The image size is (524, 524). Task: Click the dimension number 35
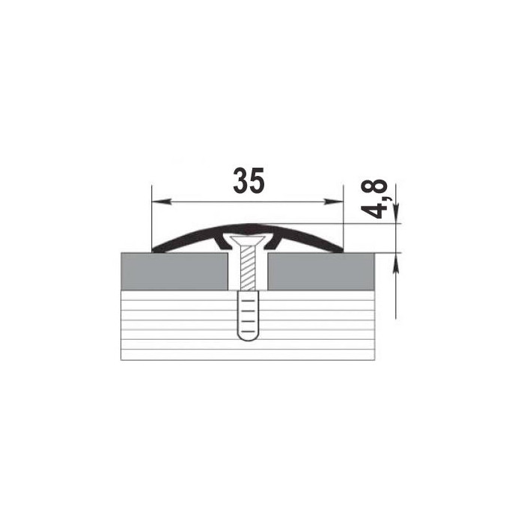[249, 181]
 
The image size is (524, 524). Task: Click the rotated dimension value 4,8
[375, 199]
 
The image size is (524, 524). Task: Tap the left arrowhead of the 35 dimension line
[162, 201]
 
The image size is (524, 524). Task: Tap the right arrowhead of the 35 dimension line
[333, 201]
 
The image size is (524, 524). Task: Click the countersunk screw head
[248, 241]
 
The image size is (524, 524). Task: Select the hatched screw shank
[248, 268]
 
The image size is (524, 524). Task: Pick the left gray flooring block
[174, 272]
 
